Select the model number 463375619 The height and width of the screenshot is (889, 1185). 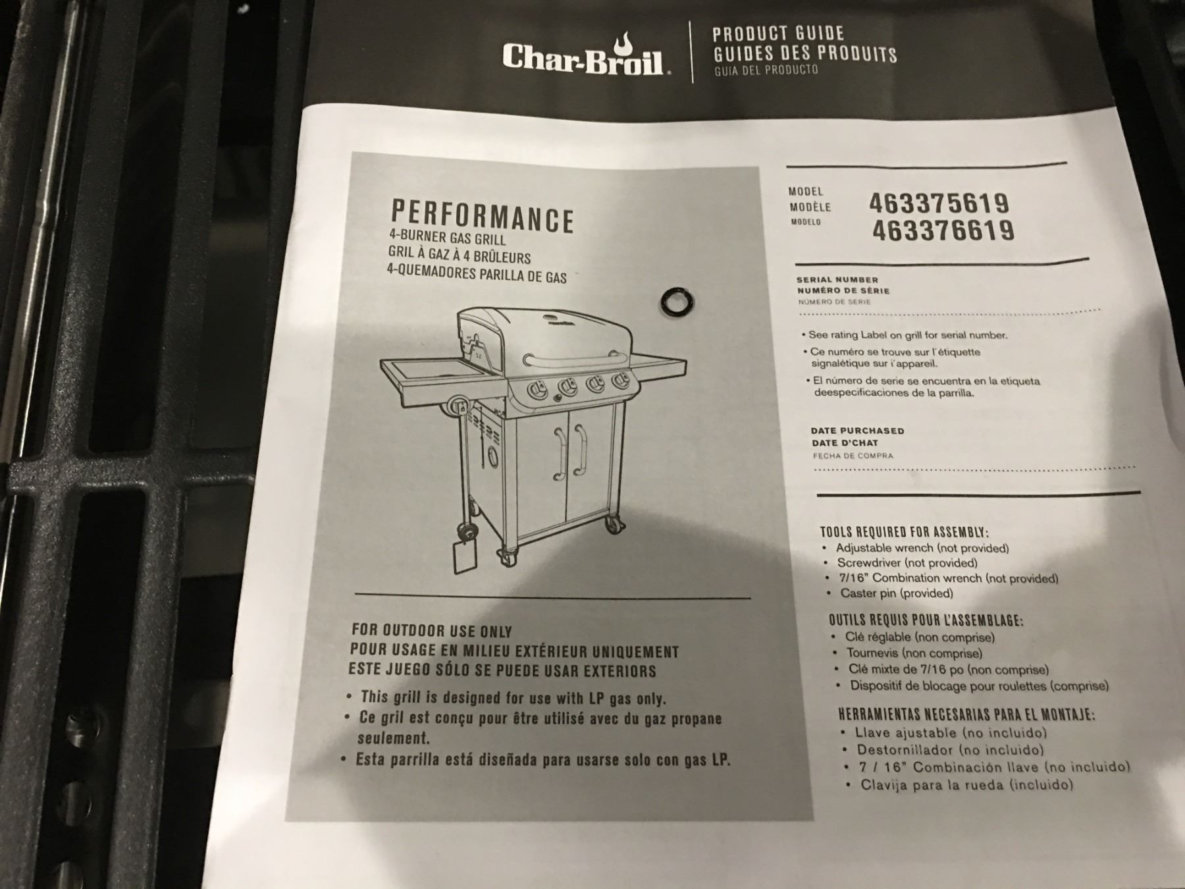tap(938, 203)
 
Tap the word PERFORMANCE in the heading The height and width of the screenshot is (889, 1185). tap(483, 216)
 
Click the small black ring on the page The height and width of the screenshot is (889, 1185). tap(677, 302)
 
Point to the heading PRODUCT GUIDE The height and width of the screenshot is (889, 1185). tap(778, 33)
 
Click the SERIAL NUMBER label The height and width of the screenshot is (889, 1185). tap(837, 279)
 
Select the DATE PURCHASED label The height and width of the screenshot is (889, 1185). tap(857, 431)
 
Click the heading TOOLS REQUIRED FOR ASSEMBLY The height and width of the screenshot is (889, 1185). tap(904, 532)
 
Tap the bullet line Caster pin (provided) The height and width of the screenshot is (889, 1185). tap(896, 593)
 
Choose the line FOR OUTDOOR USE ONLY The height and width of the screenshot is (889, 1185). tap(431, 631)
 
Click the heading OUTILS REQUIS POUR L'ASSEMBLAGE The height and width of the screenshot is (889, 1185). tap(926, 620)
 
